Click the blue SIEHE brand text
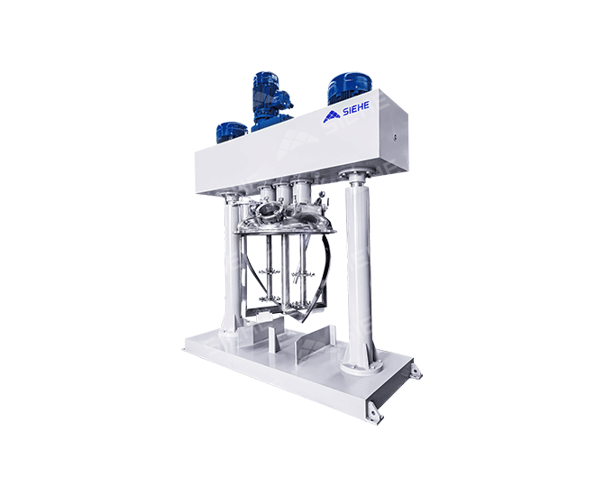tap(355, 108)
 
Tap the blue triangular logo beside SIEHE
tap(331, 116)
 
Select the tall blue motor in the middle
tap(271, 101)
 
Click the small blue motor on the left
tap(232, 133)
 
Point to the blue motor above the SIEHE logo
tap(349, 87)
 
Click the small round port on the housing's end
tap(394, 136)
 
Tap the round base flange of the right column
tap(361, 366)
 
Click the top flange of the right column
tap(355, 175)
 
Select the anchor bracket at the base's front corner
tap(373, 411)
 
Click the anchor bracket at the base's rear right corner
tap(416, 372)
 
